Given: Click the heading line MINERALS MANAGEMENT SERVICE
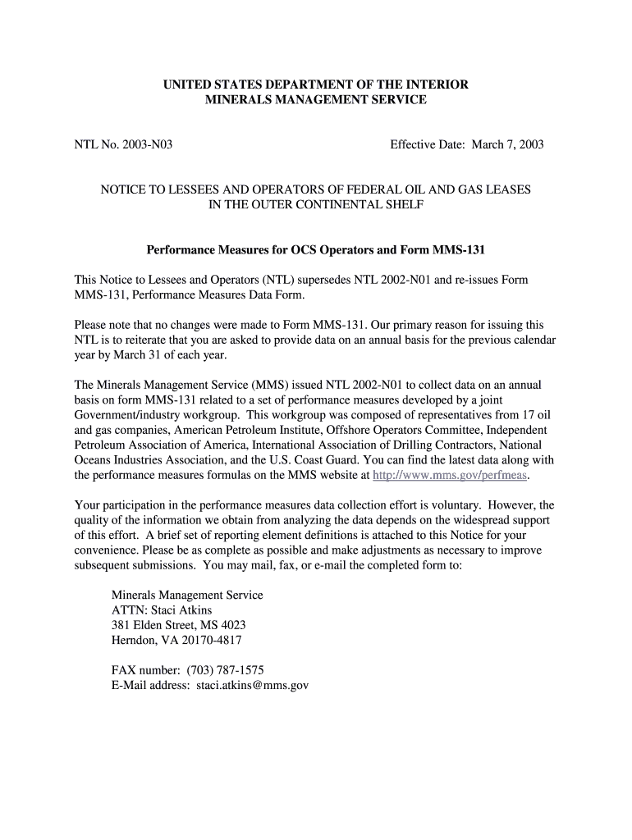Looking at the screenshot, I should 315,99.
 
